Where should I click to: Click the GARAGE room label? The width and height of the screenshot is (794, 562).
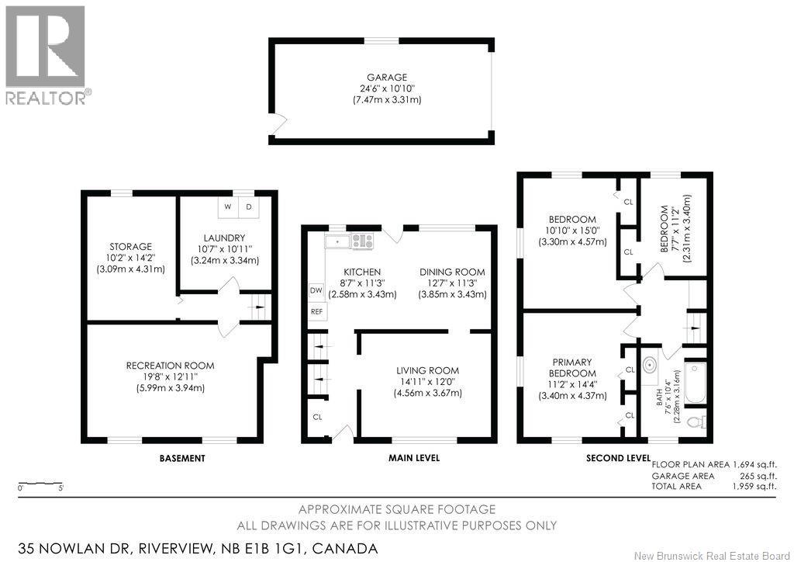(x=387, y=78)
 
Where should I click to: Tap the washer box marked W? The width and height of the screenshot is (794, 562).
(x=228, y=207)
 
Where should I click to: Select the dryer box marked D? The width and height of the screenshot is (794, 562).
(x=249, y=207)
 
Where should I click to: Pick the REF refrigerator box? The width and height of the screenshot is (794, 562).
(x=316, y=312)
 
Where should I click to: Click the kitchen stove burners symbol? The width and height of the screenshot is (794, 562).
(x=361, y=241)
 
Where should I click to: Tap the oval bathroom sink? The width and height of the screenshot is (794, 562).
(x=650, y=365)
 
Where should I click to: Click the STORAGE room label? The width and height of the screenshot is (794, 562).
(x=130, y=247)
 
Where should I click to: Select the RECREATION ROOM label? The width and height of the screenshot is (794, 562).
(x=171, y=366)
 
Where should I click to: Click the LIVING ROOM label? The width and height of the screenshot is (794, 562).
(x=427, y=370)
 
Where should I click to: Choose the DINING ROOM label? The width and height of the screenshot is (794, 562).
(x=452, y=272)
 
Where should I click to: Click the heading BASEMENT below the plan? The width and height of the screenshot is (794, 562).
(x=182, y=458)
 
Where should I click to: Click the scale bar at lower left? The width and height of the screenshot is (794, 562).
(x=41, y=482)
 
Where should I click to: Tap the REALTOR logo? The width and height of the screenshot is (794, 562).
(x=46, y=54)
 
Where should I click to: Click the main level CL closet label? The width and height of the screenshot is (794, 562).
(x=317, y=417)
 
